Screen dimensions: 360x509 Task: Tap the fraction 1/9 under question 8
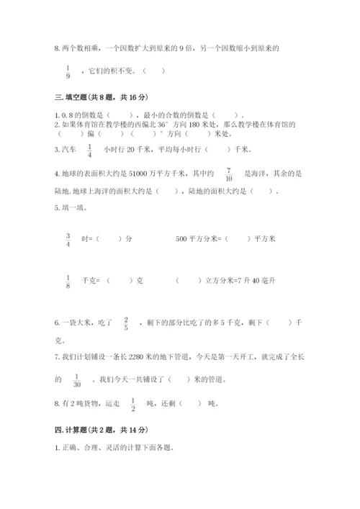coord(68,71)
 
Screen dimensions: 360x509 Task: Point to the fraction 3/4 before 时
coord(68,238)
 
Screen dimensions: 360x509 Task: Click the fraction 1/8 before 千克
coord(68,282)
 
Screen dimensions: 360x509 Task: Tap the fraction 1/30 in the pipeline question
coord(76,379)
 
